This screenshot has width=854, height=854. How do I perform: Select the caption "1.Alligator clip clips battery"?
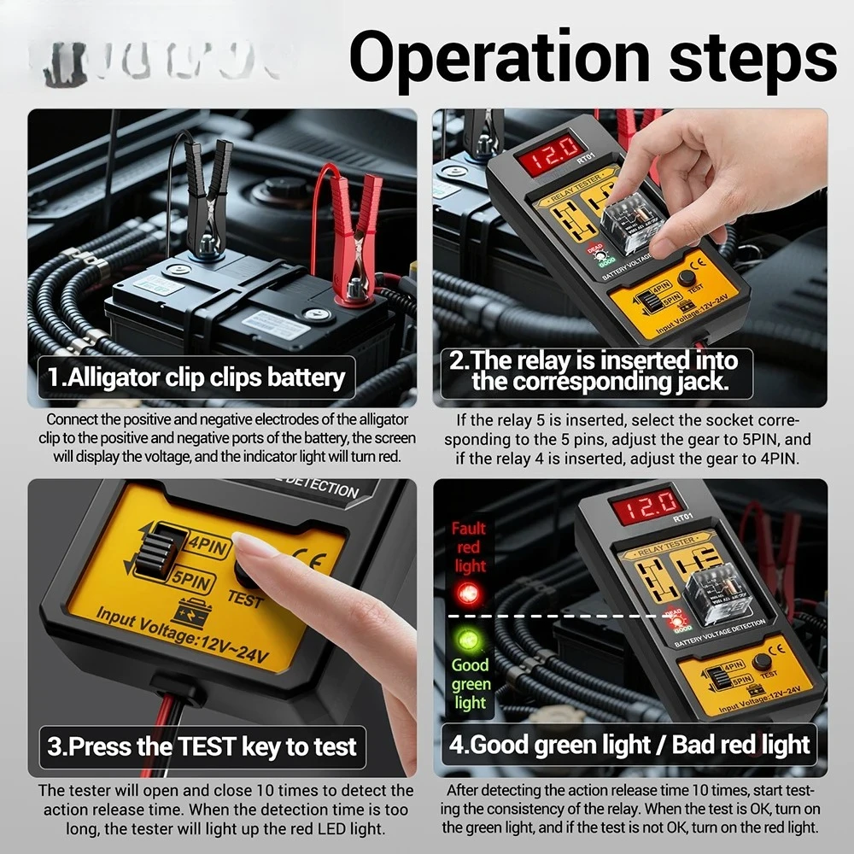click(x=196, y=377)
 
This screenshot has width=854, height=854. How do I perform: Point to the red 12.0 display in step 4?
click(x=646, y=507)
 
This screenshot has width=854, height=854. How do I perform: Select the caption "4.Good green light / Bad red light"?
click(x=629, y=744)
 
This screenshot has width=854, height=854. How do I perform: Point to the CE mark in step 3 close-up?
click(x=304, y=560)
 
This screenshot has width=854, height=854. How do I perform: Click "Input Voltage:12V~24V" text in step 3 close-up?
click(x=183, y=635)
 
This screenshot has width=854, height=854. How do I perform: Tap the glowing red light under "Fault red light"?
click(x=467, y=592)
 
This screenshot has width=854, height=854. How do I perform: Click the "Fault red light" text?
click(x=469, y=547)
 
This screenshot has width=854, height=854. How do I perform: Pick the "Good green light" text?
click(x=470, y=683)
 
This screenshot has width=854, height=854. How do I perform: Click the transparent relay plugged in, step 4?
click(x=714, y=588)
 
